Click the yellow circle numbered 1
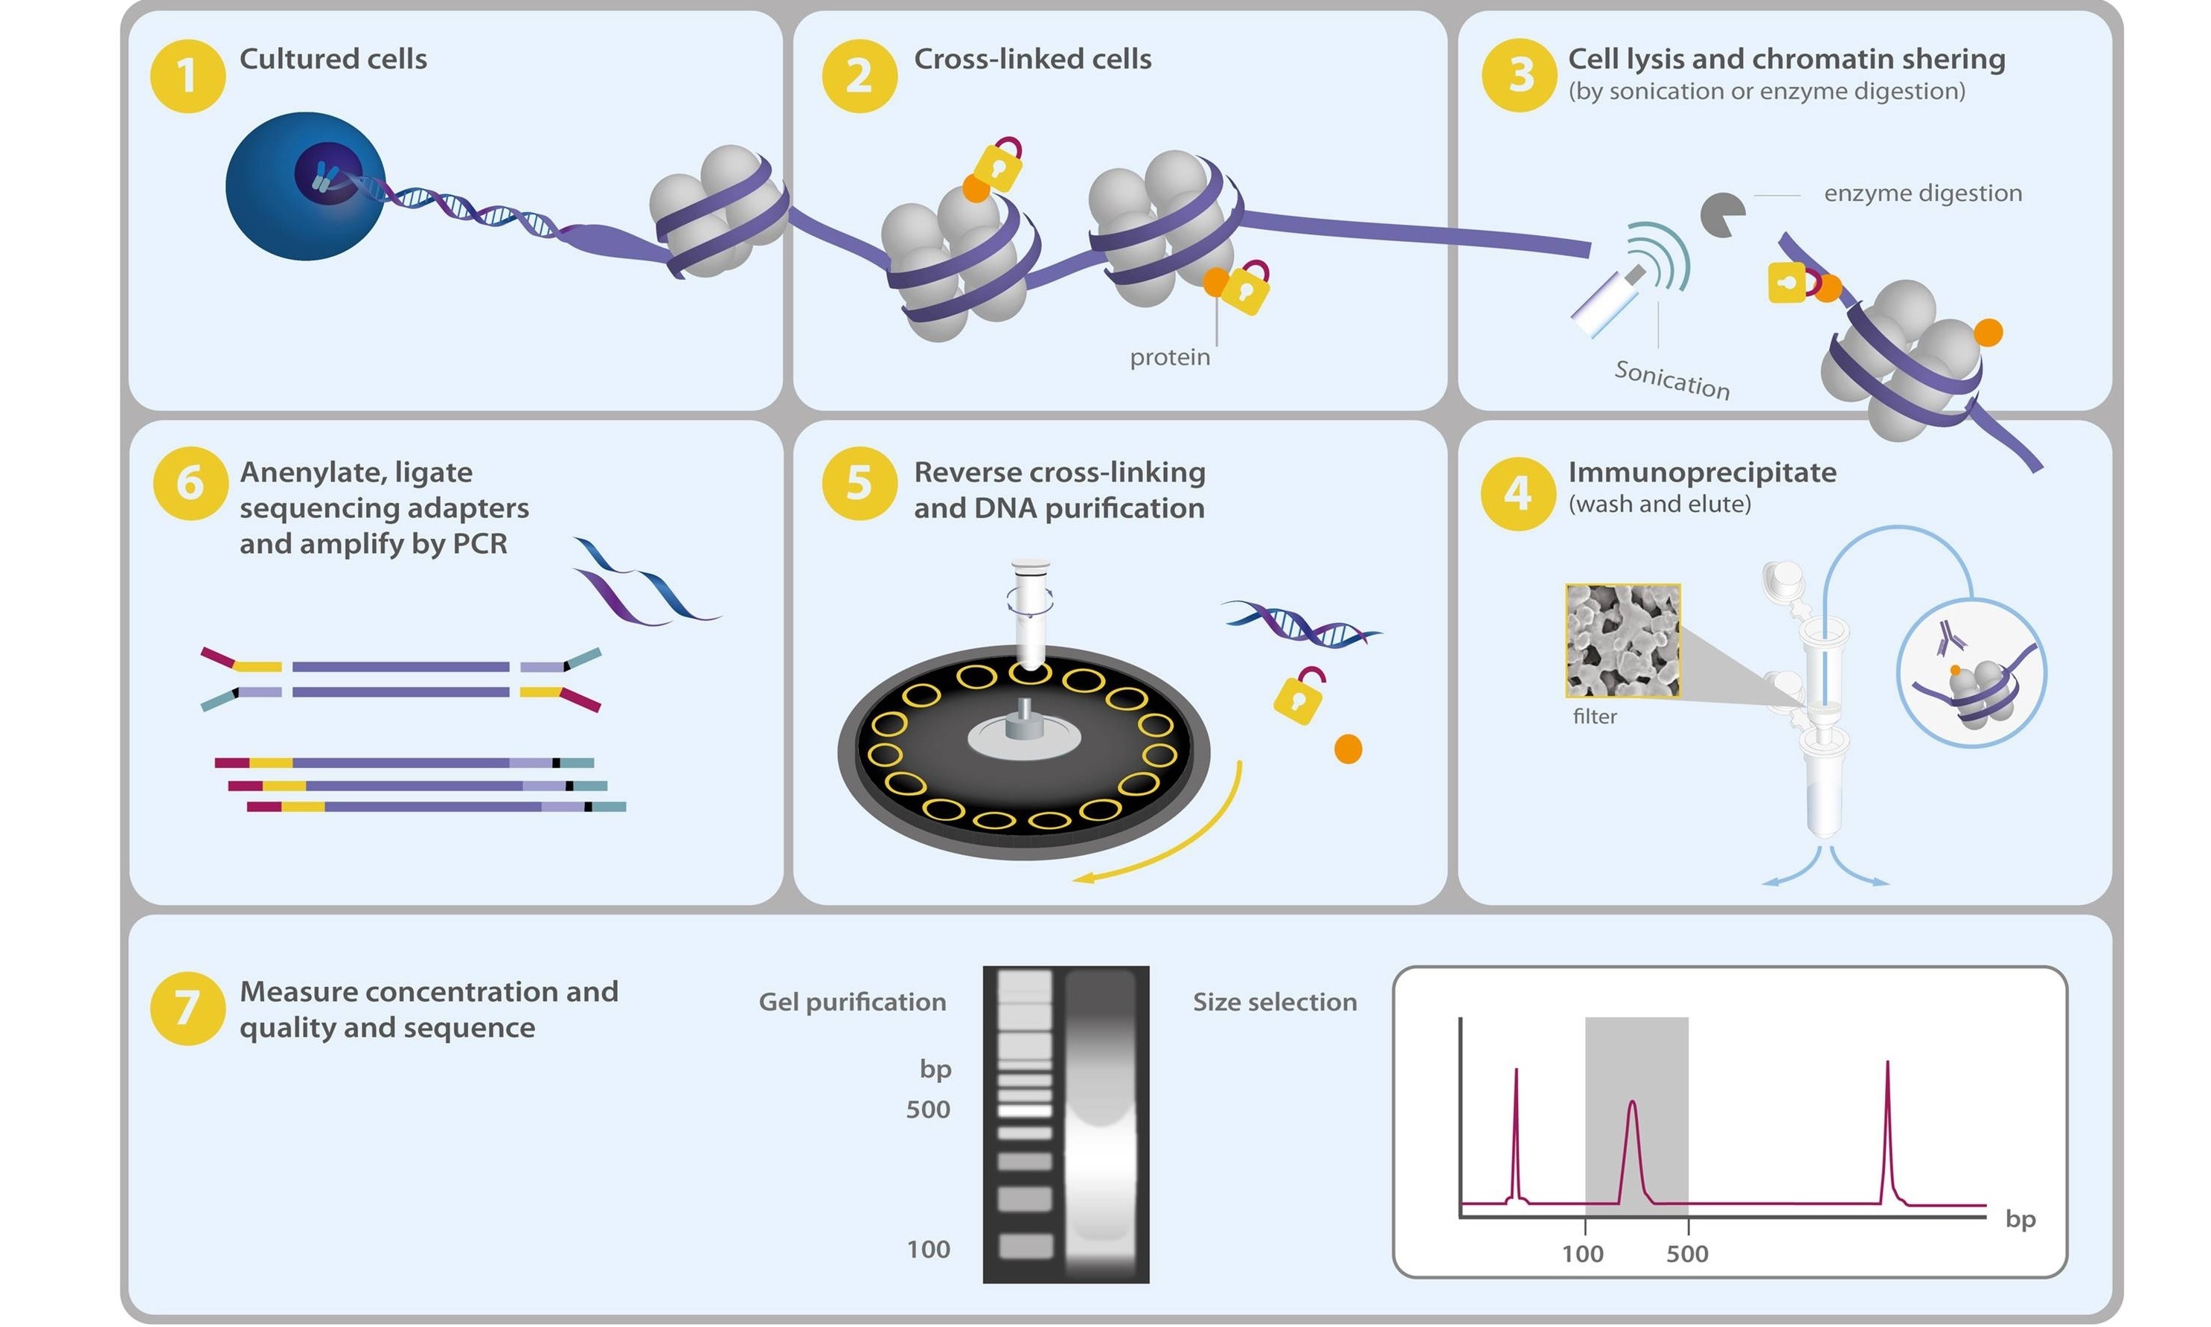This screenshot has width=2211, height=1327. pyautogui.click(x=187, y=75)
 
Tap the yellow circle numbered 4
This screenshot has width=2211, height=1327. pyautogui.click(x=1517, y=493)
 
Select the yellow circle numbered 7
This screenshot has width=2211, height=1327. pyautogui.click(x=187, y=1008)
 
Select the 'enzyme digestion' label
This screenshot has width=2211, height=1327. pyautogui.click(x=1922, y=194)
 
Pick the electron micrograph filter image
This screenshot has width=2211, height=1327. pyautogui.click(x=1622, y=640)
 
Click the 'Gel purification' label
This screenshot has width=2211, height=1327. pyautogui.click(x=851, y=1003)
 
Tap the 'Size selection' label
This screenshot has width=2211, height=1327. pyautogui.click(x=1274, y=1003)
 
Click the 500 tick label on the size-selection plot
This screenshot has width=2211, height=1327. pyautogui.click(x=1686, y=1253)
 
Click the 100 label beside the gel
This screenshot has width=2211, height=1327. pyautogui.click(x=928, y=1249)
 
